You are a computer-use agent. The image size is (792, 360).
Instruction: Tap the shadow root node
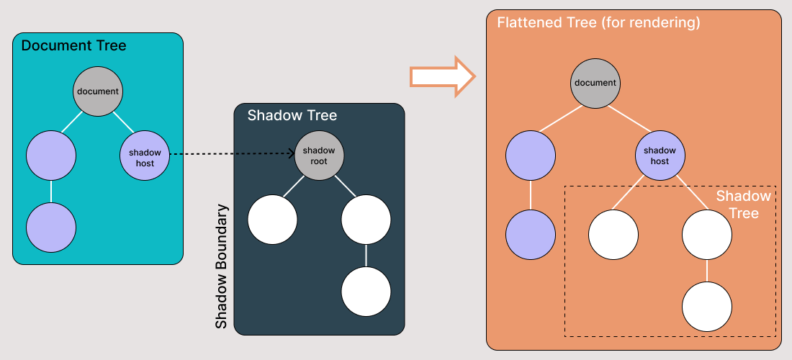(x=319, y=156)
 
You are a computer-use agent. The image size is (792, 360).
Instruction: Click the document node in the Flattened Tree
(x=595, y=83)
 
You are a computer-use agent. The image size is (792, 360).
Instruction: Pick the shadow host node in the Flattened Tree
(x=660, y=156)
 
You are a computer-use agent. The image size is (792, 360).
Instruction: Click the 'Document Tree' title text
(x=73, y=46)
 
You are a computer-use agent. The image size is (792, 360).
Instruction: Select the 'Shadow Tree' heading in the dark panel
(x=292, y=115)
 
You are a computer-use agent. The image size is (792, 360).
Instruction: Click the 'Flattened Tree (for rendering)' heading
(x=598, y=23)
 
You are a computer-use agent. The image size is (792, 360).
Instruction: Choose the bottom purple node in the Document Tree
(x=51, y=227)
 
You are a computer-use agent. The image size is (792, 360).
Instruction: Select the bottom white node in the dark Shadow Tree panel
(x=366, y=292)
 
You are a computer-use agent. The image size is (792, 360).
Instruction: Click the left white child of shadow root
(x=272, y=220)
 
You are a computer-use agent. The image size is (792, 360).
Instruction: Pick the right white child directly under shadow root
(x=366, y=220)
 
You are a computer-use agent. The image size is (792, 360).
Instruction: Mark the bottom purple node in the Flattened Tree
(x=531, y=234)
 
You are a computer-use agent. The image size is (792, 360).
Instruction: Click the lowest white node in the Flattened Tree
(x=707, y=306)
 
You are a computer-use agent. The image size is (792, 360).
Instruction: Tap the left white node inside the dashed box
(x=613, y=234)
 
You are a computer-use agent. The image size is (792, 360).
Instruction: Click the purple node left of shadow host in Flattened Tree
(x=531, y=156)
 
